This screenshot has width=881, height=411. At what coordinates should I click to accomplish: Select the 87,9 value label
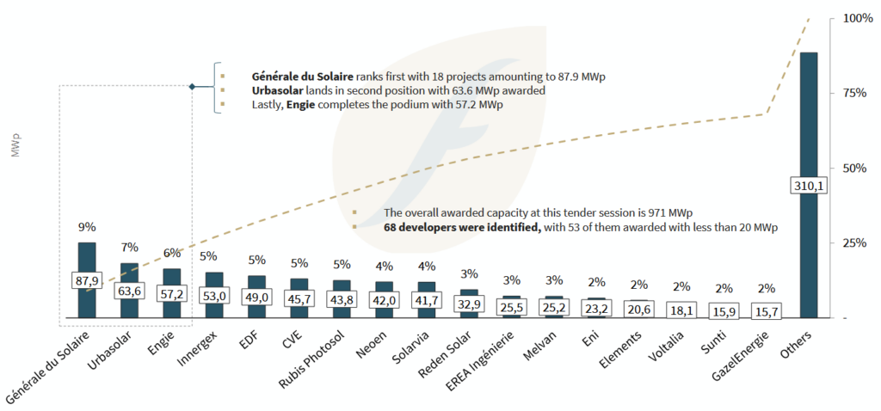(x=87, y=281)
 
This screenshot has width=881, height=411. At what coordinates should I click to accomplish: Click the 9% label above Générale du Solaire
(x=87, y=228)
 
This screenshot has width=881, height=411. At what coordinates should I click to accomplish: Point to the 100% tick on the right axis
(x=857, y=18)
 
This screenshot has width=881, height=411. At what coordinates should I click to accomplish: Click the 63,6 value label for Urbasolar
(x=129, y=291)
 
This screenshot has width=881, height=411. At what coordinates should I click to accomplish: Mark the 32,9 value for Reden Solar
(x=469, y=304)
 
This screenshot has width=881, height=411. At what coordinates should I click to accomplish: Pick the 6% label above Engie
(x=171, y=254)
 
